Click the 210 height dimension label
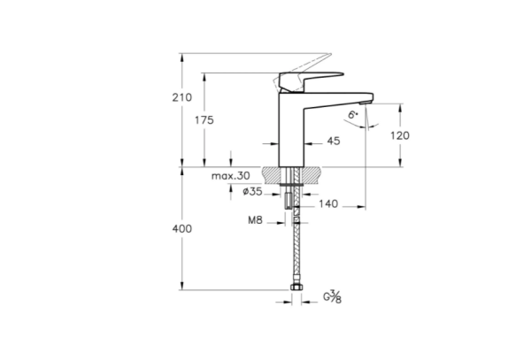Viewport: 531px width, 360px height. pos(181,96)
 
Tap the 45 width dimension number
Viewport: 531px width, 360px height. pos(334,140)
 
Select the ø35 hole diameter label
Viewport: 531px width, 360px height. pos(251,190)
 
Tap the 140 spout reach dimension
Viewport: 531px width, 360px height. pos(328,204)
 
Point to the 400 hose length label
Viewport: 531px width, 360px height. pos(181,229)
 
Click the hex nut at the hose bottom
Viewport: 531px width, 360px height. pos(296,288)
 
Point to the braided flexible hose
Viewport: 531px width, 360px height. pos(296,252)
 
